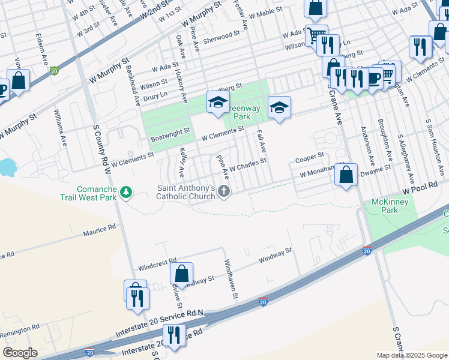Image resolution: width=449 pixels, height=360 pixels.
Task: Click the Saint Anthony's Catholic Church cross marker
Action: click(x=224, y=192)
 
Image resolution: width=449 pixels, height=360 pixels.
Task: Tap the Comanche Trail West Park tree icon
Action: click(x=126, y=192)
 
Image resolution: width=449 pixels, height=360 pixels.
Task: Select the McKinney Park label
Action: click(x=390, y=206)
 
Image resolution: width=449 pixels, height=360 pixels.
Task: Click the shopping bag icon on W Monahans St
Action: click(x=346, y=175)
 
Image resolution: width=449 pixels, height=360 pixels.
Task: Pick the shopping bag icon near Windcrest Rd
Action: click(x=181, y=274)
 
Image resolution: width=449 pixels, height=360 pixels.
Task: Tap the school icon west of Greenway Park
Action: click(x=218, y=103)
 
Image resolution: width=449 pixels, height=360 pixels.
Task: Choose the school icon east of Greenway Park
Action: click(x=279, y=107)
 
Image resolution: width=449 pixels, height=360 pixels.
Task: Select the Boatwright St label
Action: click(x=170, y=131)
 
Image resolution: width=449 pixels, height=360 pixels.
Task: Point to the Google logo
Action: click(x=20, y=352)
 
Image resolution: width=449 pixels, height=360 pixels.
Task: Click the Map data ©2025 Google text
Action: click(x=412, y=355)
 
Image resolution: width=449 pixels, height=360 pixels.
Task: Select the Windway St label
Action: click(x=274, y=255)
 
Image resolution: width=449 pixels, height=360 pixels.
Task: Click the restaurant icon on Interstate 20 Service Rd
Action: click(x=175, y=334)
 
